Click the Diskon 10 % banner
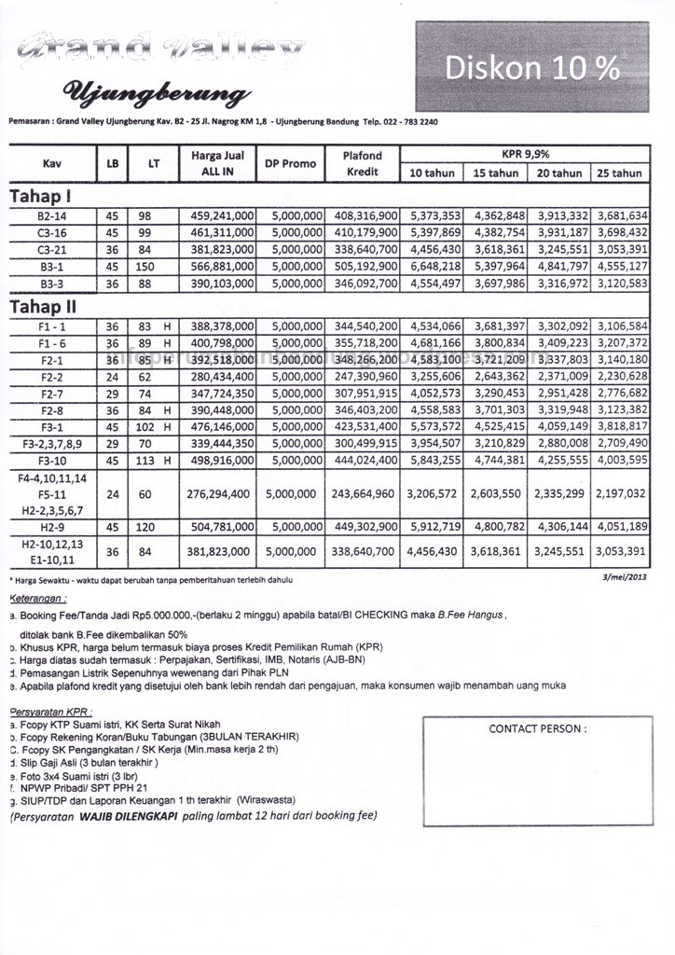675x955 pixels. [532, 67]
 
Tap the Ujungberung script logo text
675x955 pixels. [156, 93]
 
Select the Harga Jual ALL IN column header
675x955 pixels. [222, 163]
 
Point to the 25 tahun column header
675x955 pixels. [620, 173]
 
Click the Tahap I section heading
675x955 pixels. [42, 196]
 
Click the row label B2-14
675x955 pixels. [50, 216]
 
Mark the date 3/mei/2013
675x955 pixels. [626, 578]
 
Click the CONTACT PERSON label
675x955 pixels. [538, 728]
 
